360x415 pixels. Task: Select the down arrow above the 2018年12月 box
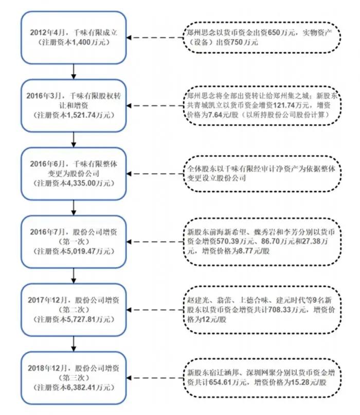click(x=75, y=342)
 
